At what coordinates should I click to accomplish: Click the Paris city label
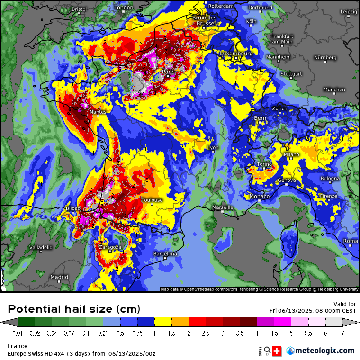pos(168,72)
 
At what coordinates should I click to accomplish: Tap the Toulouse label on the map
pos(152,200)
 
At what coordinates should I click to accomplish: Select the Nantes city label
pos(98,112)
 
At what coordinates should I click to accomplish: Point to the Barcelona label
pos(165,254)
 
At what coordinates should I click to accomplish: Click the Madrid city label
pos(59,277)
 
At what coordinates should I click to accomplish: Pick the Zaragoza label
pos(110,247)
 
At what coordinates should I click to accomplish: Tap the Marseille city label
pos(223,207)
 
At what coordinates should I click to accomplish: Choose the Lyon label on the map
pos(213,148)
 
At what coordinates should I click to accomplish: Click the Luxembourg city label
pos(236,54)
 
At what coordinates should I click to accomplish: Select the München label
pos(334,89)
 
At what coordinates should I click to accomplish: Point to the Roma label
pos(351,241)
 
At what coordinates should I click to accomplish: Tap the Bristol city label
pos(79,9)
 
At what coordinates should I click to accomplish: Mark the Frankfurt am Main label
pos(282,39)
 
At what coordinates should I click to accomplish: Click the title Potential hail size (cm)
pos(74,309)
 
